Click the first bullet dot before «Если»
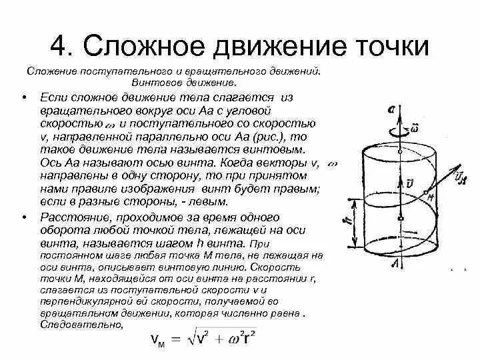pyautogui.click(x=24, y=98)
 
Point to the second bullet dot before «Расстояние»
pyautogui.click(x=24, y=217)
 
